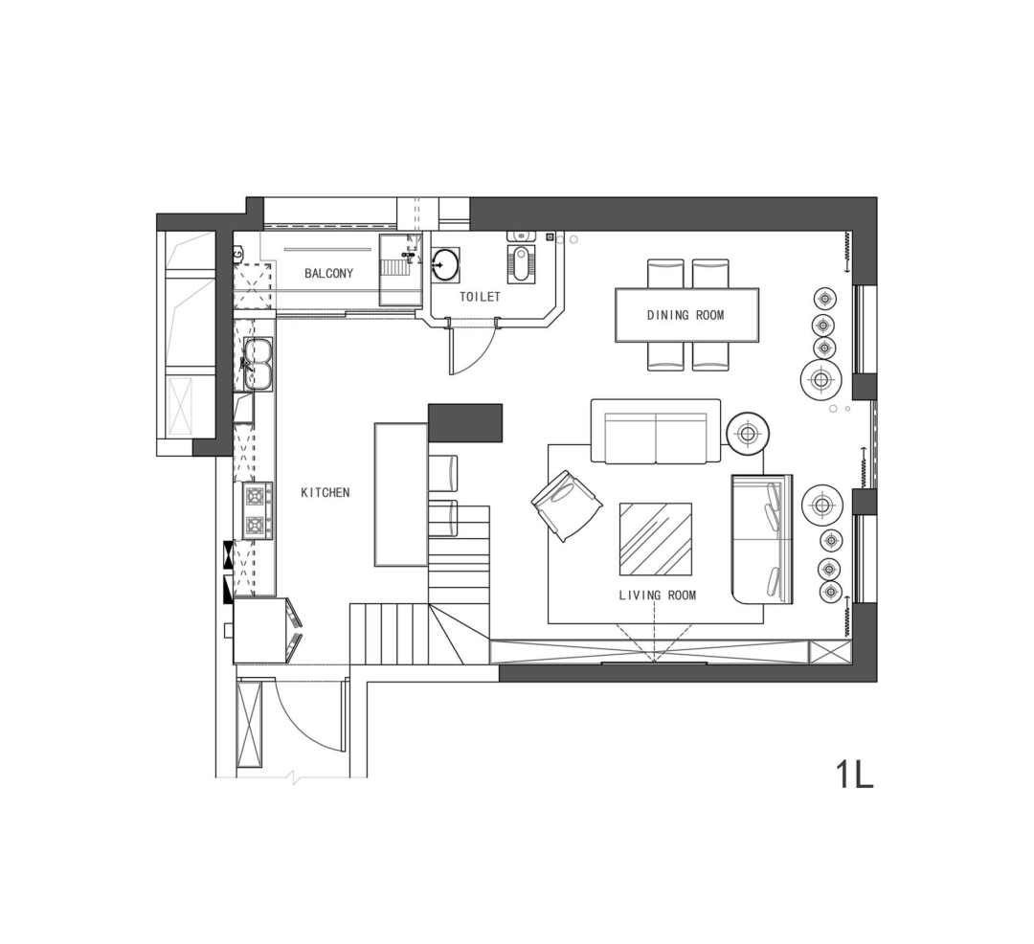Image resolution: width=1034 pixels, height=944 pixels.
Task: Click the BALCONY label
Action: pos(328,273)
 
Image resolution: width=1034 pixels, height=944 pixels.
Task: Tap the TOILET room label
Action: pos(480,298)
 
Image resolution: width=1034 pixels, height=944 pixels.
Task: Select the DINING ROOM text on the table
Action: pos(686,315)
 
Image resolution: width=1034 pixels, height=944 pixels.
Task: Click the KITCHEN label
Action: pos(326,492)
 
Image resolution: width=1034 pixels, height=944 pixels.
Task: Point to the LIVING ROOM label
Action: pos(658,596)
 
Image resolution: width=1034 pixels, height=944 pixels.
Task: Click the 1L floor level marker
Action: pos(855,774)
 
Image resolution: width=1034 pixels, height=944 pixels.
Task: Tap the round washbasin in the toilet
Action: pos(445,265)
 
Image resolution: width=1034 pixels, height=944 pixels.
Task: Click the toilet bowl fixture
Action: pos(520,262)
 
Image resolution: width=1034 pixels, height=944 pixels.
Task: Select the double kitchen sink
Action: pos(258,363)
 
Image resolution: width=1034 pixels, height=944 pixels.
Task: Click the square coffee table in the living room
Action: pos(656,539)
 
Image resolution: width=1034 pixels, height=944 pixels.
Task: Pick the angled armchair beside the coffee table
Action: pos(567,506)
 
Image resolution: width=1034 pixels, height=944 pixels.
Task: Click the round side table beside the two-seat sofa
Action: pos(747,434)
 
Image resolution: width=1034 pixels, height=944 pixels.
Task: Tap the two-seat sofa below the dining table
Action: pos(656,431)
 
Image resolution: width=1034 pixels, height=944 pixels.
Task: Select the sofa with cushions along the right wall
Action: pos(762,539)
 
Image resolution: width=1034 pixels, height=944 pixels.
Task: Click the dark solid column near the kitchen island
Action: pos(465,422)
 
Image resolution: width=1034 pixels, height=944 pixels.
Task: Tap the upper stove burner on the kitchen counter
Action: pos(258,494)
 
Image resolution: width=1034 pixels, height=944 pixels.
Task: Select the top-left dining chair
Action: pos(665,273)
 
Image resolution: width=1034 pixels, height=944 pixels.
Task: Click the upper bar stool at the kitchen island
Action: pos(442,473)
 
